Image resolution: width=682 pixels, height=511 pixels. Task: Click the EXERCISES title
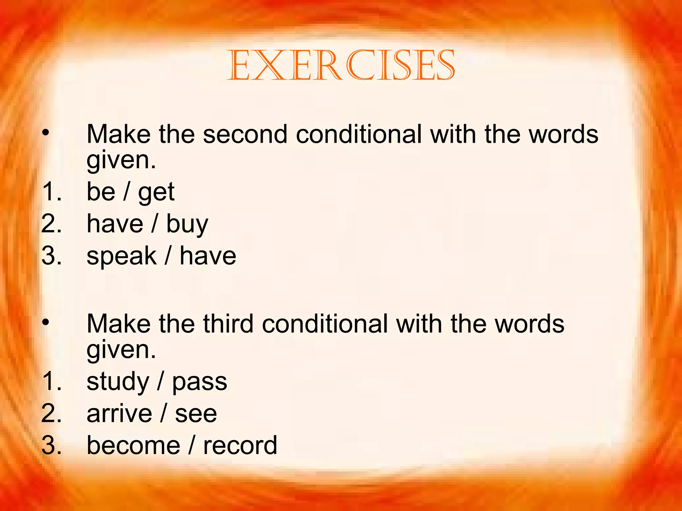[x=341, y=65]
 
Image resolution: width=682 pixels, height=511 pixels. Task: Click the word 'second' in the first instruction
[x=245, y=134]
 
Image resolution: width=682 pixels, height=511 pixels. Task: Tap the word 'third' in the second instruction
[x=228, y=324]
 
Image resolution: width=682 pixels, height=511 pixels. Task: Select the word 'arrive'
[x=119, y=414]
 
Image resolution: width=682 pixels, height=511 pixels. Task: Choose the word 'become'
[x=133, y=445]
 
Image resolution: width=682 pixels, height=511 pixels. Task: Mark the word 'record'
[x=240, y=445]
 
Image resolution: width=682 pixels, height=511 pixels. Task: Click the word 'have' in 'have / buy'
[x=115, y=224]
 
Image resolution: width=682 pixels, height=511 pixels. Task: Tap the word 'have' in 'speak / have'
[x=208, y=256]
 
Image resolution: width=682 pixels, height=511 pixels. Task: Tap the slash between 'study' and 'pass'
[x=161, y=381]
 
